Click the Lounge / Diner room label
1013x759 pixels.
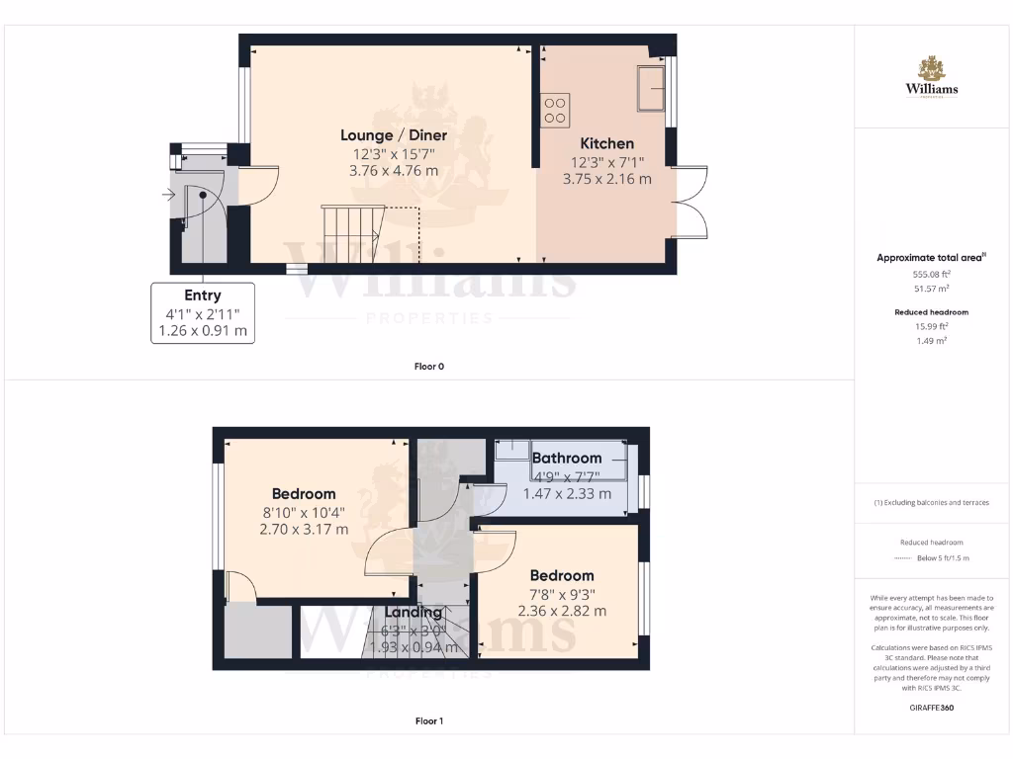[394, 135]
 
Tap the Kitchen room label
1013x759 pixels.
[606, 143]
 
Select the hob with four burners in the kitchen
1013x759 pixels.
[555, 110]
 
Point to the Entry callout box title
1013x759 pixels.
[202, 295]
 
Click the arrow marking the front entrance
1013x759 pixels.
[169, 195]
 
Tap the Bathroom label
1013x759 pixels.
[567, 458]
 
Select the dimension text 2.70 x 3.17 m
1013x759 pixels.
[304, 529]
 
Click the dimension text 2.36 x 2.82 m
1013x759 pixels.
[562, 611]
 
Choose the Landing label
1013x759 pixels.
[414, 612]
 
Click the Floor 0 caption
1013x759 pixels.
[428, 367]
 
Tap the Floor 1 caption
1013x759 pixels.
[428, 721]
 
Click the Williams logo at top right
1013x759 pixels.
[931, 77]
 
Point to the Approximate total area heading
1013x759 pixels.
[930, 258]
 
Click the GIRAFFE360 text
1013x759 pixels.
[930, 708]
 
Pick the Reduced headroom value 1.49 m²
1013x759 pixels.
[930, 340]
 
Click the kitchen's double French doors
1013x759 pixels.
[691, 202]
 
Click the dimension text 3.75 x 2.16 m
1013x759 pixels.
[606, 179]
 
